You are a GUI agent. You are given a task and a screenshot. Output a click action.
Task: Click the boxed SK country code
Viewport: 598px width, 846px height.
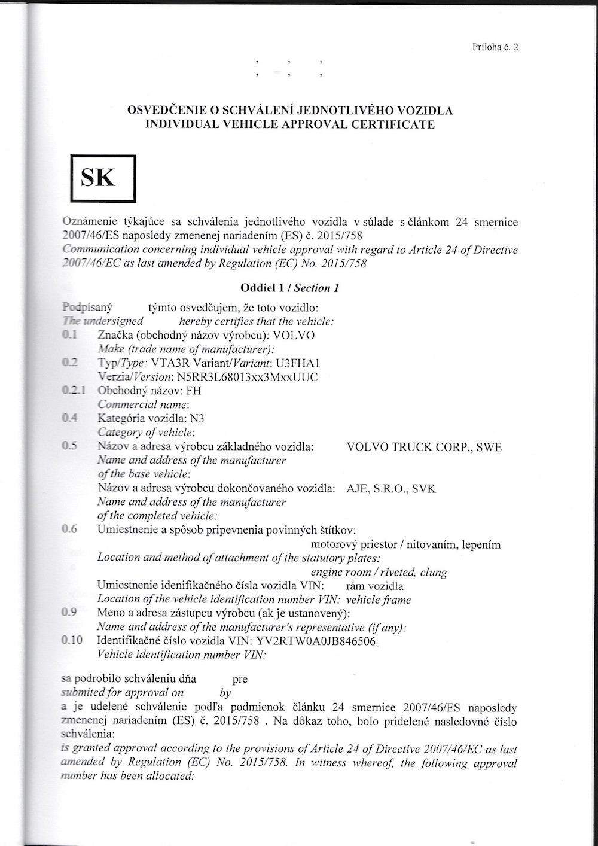pyautogui.click(x=103, y=178)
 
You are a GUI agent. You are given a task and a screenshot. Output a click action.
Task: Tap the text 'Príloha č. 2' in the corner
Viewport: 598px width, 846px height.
pyautogui.click(x=494, y=47)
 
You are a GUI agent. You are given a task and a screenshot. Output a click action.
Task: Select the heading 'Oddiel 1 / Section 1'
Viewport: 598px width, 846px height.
pyautogui.click(x=290, y=288)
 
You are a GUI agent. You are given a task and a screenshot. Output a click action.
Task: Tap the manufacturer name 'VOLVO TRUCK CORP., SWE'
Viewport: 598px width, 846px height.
pyautogui.click(x=424, y=447)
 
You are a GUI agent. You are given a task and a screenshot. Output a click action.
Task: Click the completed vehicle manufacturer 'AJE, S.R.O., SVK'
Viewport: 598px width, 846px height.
pyautogui.click(x=391, y=488)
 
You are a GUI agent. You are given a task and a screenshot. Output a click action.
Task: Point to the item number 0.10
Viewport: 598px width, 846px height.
pyautogui.click(x=72, y=641)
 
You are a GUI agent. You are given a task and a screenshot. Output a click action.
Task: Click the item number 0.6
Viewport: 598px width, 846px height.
pyautogui.click(x=69, y=529)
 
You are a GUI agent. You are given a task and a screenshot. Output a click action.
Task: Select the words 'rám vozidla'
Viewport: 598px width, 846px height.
pyautogui.click(x=375, y=586)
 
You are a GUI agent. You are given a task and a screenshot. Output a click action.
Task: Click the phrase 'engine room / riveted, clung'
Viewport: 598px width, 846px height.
pyautogui.click(x=379, y=572)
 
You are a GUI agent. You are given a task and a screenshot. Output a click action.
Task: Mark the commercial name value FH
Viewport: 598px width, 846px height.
pyautogui.click(x=194, y=391)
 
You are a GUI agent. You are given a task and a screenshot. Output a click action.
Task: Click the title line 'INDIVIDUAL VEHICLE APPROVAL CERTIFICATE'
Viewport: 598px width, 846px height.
pyautogui.click(x=291, y=125)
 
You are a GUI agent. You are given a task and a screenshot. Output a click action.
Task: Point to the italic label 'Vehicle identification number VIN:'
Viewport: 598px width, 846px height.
pyautogui.click(x=182, y=655)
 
